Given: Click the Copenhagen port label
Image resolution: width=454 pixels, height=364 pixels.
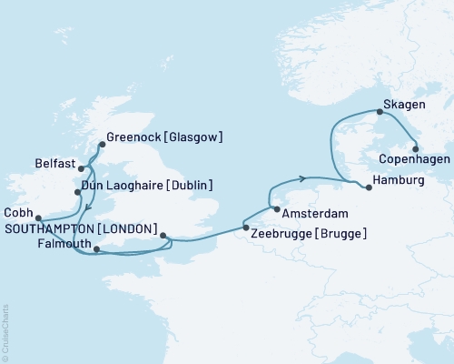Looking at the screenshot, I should [x=404, y=161].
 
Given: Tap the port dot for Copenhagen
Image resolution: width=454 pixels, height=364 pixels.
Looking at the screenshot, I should [x=416, y=148].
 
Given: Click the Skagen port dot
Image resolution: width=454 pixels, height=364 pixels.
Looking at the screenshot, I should [x=380, y=112].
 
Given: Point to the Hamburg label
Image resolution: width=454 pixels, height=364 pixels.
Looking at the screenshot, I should [x=400, y=181].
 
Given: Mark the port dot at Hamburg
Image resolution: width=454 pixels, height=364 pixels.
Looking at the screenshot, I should [x=368, y=187].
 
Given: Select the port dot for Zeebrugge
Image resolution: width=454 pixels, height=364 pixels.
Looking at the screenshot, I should [x=245, y=227].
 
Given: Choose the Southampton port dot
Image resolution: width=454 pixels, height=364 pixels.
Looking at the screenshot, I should [x=163, y=236].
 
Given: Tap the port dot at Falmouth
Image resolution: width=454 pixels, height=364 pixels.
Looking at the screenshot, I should [x=97, y=247].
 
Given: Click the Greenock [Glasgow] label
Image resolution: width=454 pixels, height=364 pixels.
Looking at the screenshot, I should [x=164, y=137].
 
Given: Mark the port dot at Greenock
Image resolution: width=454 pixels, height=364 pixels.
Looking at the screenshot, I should [x=102, y=143].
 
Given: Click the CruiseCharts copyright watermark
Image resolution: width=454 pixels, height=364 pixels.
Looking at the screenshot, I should [x=5, y=333].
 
